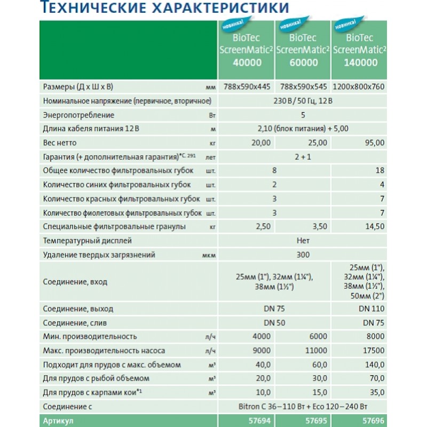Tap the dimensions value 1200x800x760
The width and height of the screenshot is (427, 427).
pyautogui.click(x=358, y=86)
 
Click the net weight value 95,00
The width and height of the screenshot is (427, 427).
pyautogui.click(x=373, y=143)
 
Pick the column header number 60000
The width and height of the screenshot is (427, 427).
pyautogui.click(x=303, y=62)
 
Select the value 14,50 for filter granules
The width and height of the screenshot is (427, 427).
pyautogui.click(x=373, y=227)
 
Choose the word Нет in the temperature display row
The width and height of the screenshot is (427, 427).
pyautogui.click(x=303, y=241)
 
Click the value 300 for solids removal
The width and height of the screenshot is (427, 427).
pyautogui.click(x=303, y=255)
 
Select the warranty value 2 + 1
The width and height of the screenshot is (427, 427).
pyautogui.click(x=303, y=157)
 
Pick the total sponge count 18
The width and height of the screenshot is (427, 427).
pyautogui.click(x=378, y=171)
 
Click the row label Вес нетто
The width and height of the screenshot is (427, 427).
pyautogui.click(x=59, y=143)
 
